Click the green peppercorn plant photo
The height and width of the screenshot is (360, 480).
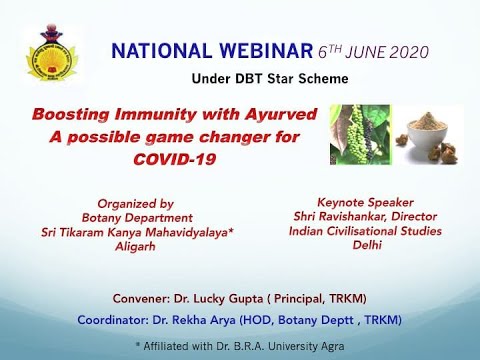tap(361, 134)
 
